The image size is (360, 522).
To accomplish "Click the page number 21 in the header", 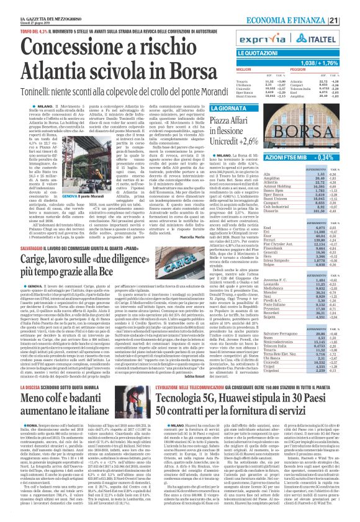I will [349, 5].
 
